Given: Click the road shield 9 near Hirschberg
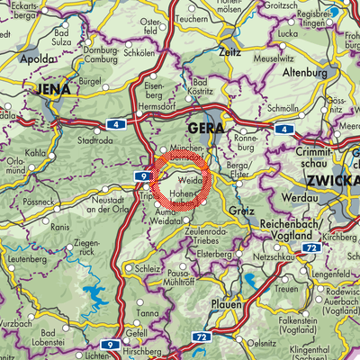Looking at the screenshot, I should (x=109, y=344).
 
